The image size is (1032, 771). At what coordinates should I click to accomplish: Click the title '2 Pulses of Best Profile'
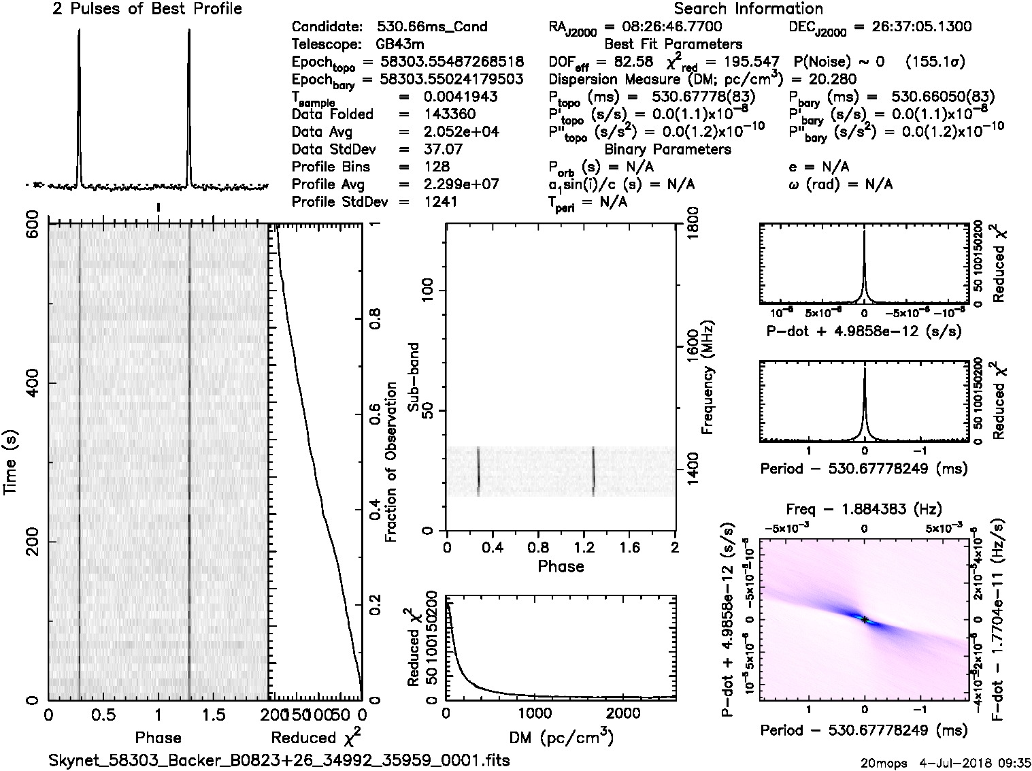point(147,10)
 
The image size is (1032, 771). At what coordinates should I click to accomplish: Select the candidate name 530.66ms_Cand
point(432,27)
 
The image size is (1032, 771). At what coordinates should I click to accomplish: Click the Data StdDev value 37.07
point(443,149)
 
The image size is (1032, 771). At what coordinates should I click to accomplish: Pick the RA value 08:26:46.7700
point(663,27)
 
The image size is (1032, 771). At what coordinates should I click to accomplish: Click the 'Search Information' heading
point(748,9)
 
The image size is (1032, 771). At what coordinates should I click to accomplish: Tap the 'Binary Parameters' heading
point(667,149)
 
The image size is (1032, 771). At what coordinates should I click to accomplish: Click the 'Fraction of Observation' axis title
point(391,462)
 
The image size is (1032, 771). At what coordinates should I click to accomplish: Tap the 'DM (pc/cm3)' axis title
point(561,737)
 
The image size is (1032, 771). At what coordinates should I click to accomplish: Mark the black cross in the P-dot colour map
point(865,619)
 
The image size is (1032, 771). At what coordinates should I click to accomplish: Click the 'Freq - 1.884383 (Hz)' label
point(864,509)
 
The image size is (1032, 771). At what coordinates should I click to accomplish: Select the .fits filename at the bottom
point(279,760)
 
